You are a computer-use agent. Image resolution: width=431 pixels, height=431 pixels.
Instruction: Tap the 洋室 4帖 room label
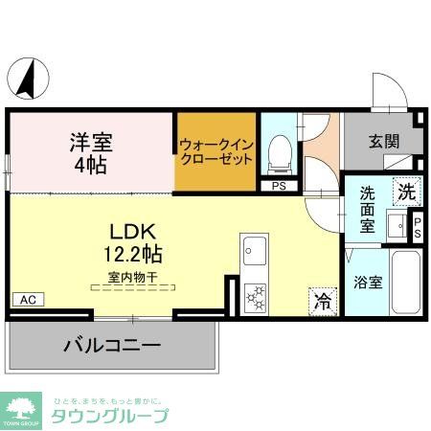click(x=90, y=152)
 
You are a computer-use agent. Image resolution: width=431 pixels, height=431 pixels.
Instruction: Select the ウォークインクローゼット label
click(x=215, y=152)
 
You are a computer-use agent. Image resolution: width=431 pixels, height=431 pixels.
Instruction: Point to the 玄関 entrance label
click(x=385, y=142)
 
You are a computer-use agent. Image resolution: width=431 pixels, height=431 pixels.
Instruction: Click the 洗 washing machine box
click(x=407, y=191)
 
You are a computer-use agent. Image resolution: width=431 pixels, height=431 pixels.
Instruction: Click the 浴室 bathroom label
click(x=368, y=283)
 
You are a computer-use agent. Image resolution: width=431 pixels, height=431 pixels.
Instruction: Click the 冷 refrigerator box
click(x=323, y=302)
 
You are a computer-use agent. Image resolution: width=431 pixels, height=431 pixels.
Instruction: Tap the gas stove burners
click(x=256, y=299)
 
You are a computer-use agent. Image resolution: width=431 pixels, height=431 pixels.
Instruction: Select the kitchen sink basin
click(x=254, y=251)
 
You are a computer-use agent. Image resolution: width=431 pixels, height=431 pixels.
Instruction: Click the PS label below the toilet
click(x=280, y=187)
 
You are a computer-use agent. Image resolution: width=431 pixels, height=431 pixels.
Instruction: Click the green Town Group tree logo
click(x=21, y=408)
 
